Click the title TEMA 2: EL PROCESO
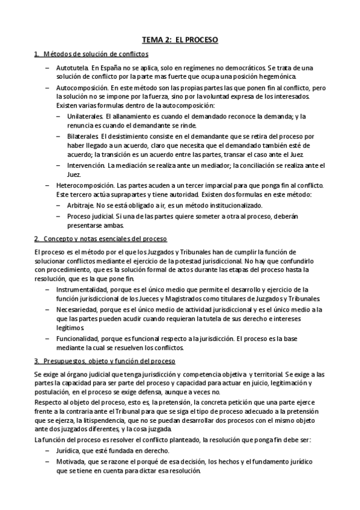point(180,40)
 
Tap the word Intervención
point(86,165)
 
